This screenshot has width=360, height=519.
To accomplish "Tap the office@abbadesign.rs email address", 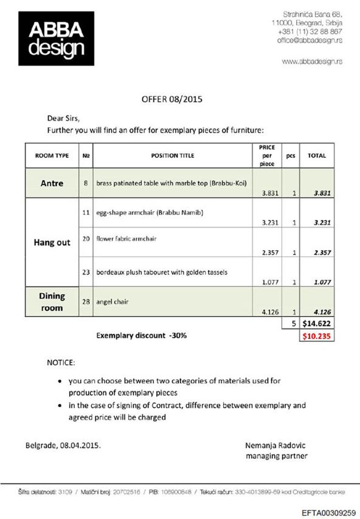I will (x=310, y=40).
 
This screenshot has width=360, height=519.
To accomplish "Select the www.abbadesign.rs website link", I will (x=313, y=61).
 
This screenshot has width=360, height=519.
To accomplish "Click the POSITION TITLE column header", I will (x=173, y=156).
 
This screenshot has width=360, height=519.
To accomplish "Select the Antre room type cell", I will (x=52, y=184).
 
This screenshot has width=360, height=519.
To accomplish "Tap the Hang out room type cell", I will (x=52, y=242).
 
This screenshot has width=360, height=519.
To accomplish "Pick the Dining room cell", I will (x=52, y=302).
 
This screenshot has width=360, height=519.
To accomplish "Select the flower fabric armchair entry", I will (x=126, y=239).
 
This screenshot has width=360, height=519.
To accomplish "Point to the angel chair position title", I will (x=112, y=302).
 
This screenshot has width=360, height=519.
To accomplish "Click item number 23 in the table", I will (x=86, y=272).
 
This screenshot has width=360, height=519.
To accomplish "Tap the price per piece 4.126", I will (x=270, y=312).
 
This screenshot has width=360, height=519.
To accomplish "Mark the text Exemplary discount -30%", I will (x=141, y=335).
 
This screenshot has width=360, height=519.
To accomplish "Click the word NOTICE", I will (x=61, y=363).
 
